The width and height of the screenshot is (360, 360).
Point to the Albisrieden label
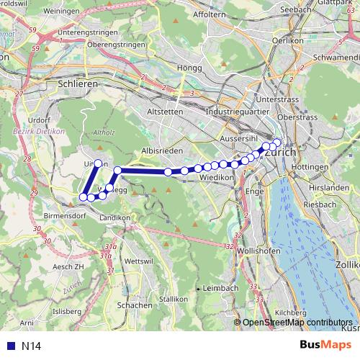160,149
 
